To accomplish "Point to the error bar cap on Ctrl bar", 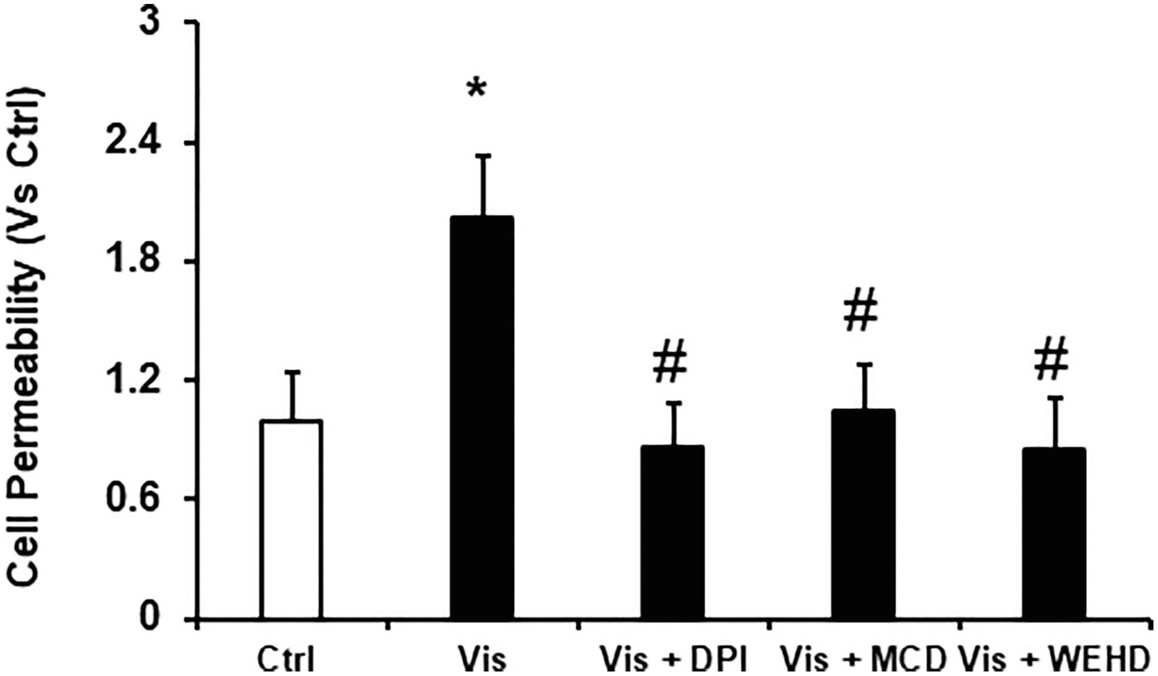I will [293, 372].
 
